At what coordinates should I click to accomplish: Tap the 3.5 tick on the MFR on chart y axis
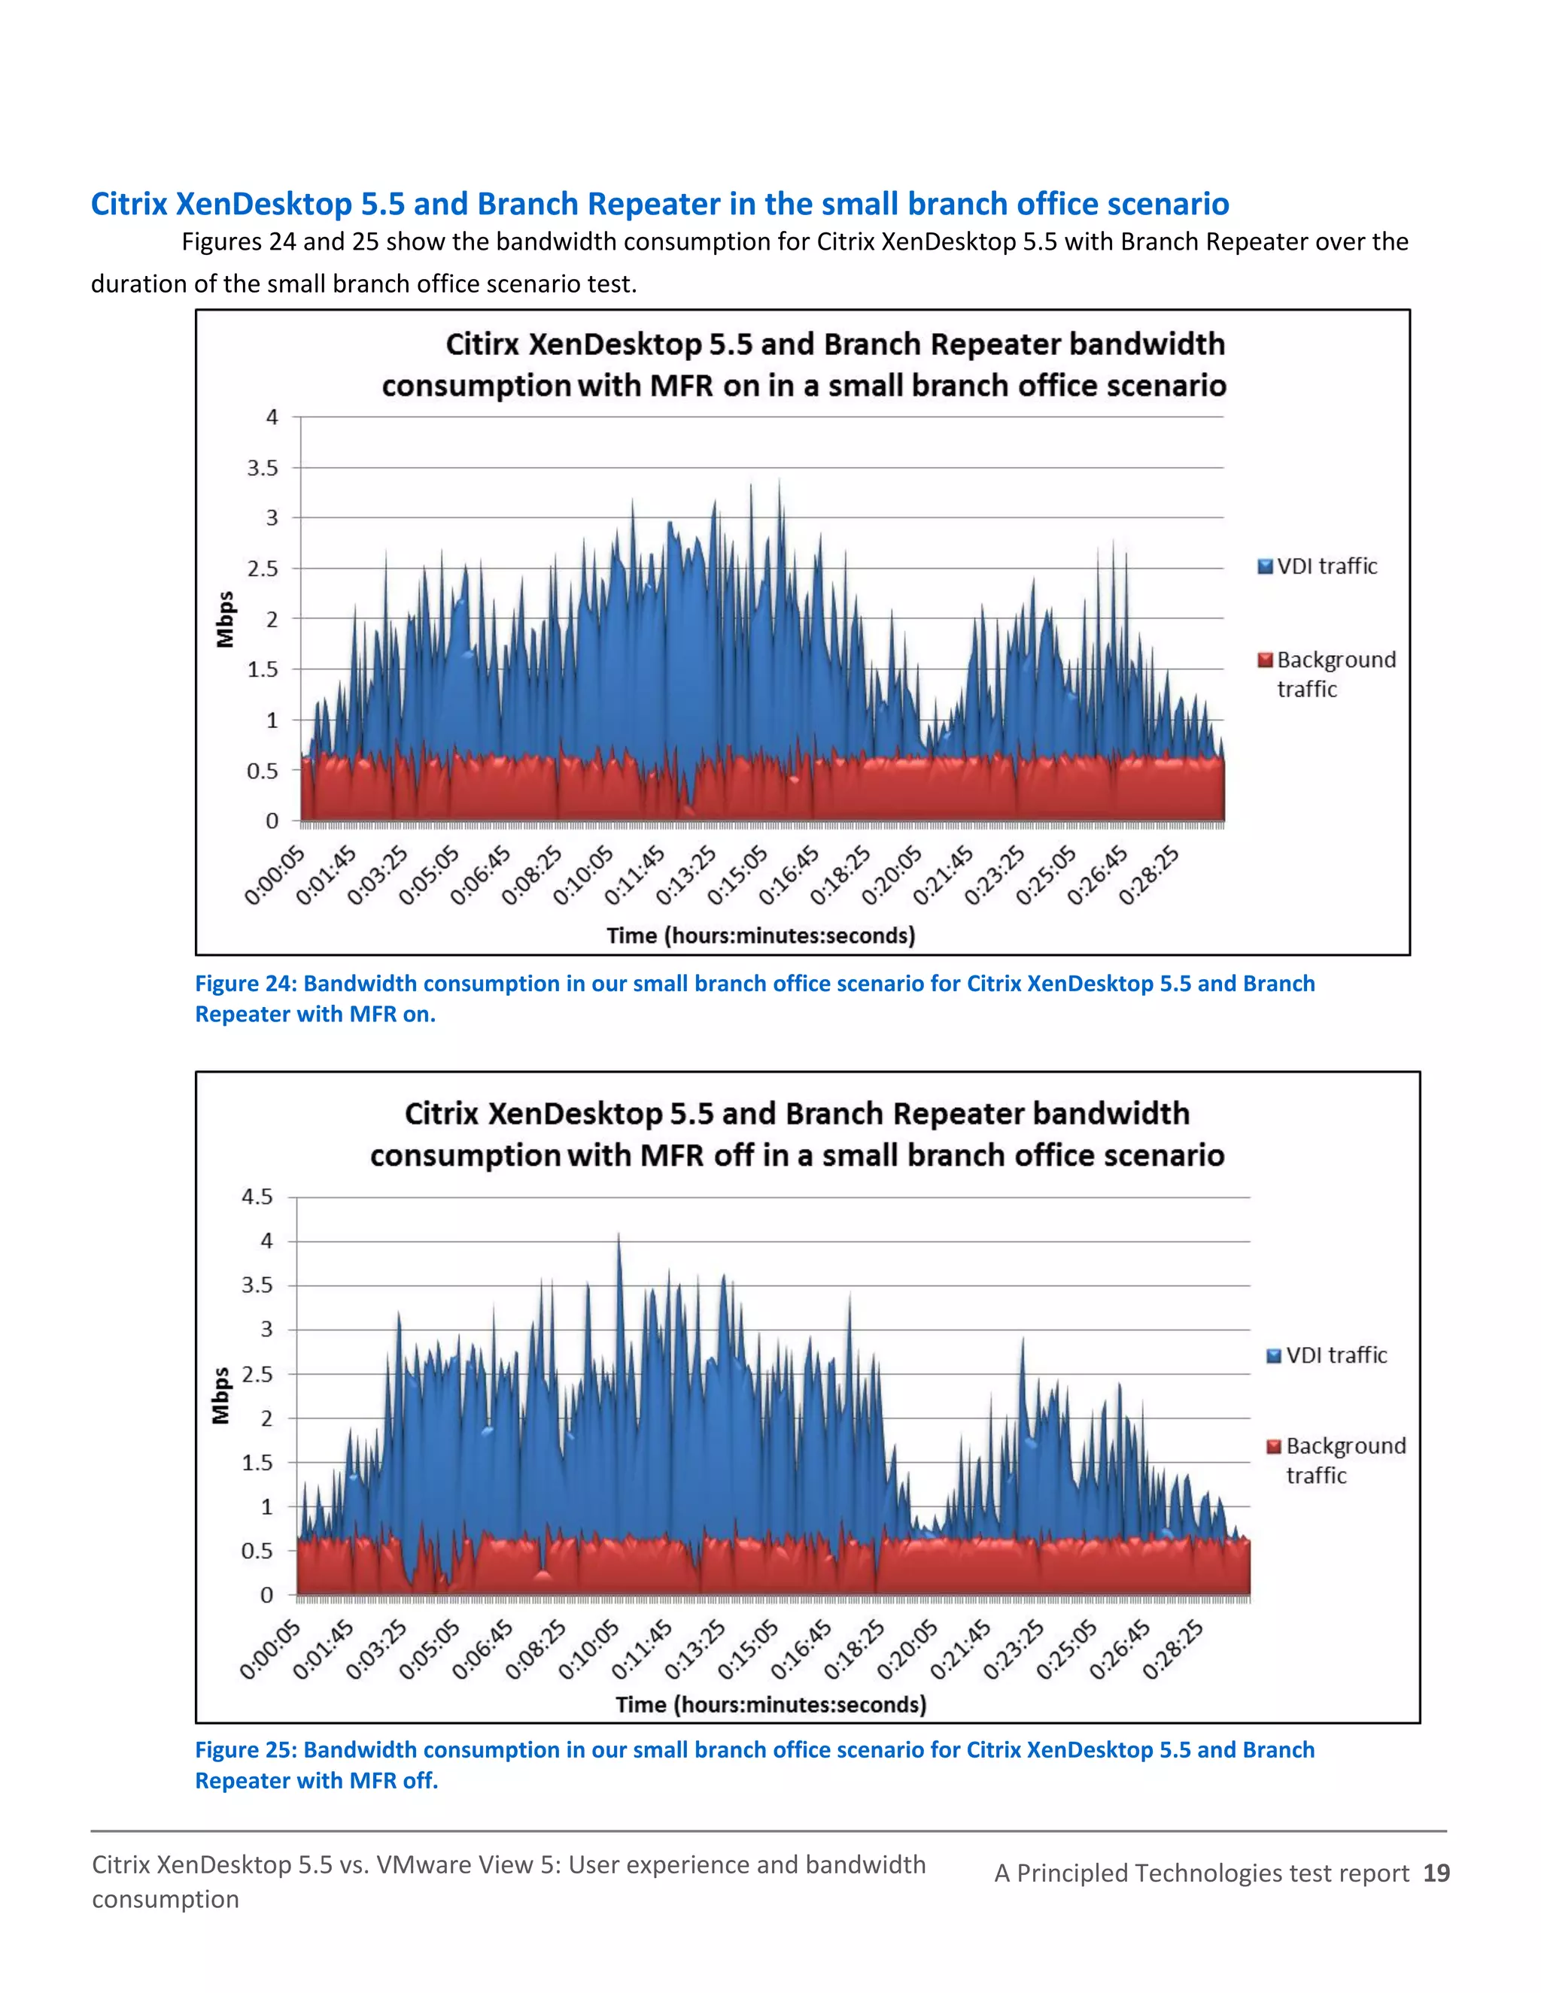(x=262, y=468)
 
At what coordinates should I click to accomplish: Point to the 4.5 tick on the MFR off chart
(x=257, y=1197)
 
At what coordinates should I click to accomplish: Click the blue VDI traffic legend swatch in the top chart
(x=1264, y=567)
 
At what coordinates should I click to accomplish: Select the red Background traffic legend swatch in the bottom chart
(x=1275, y=1446)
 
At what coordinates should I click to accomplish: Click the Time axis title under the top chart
(x=761, y=936)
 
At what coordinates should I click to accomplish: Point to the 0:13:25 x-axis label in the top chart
(x=686, y=875)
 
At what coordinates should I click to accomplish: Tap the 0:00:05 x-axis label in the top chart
(x=274, y=875)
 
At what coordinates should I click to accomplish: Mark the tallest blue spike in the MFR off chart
(x=619, y=1236)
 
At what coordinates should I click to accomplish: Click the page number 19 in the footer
(x=1436, y=1873)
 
